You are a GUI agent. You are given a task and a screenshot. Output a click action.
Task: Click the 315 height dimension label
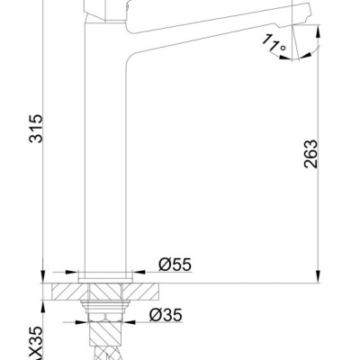coord(36,128)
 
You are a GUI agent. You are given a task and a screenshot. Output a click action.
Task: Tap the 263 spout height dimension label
coord(310,154)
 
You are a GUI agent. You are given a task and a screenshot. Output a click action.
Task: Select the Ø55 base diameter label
coord(175,265)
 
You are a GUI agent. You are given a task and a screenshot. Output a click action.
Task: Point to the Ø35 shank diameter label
coord(166,315)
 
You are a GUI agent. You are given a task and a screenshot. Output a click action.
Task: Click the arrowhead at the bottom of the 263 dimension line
coord(318,276)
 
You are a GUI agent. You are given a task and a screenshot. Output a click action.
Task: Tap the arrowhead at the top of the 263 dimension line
coord(318,31)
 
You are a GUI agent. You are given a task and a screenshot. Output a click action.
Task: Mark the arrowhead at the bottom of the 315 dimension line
coord(42,276)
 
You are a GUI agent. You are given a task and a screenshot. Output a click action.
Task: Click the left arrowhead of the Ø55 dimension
coord(72,273)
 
